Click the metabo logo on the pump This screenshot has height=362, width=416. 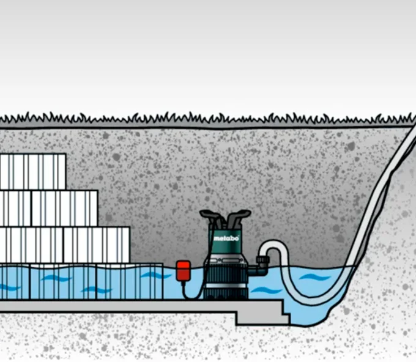(x=226, y=238)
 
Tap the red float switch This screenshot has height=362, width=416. (x=184, y=270)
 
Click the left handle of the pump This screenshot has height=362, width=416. (x=212, y=216)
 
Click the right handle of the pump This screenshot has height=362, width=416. (x=238, y=216)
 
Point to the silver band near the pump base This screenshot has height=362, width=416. (x=226, y=286)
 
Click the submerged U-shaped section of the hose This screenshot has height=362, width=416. (x=313, y=299)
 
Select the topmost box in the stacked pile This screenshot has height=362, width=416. (x=33, y=172)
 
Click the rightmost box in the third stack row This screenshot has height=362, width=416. (x=97, y=245)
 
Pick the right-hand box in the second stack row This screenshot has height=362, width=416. (x=65, y=209)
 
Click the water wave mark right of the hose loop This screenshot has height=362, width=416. (x=314, y=278)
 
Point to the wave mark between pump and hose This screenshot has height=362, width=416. (x=266, y=290)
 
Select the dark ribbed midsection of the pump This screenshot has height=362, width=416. (x=226, y=274)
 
